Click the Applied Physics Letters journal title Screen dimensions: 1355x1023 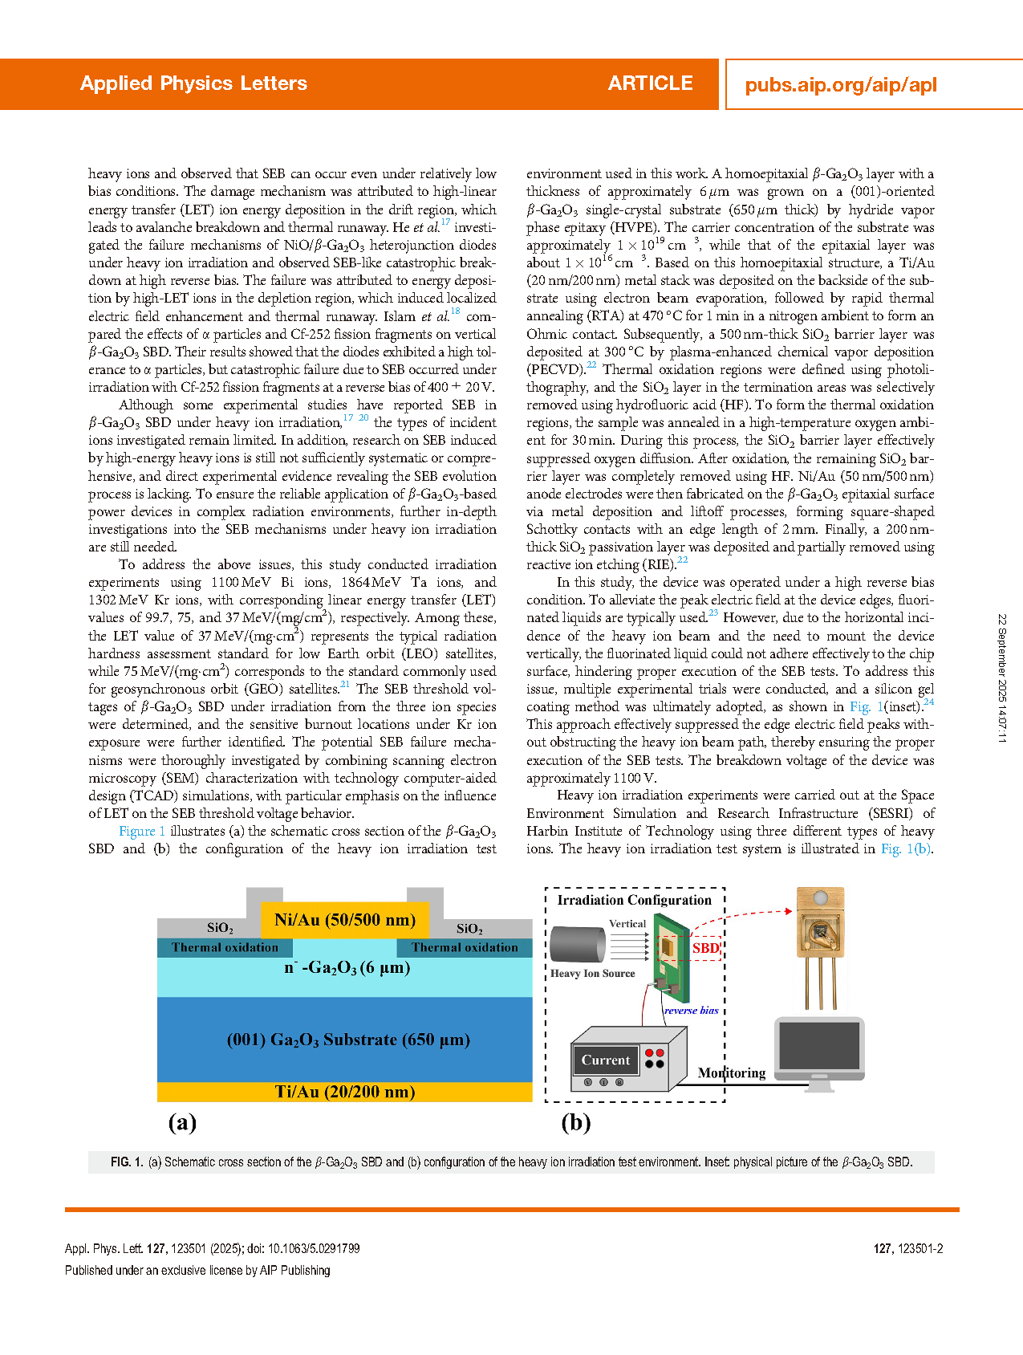pos(193,83)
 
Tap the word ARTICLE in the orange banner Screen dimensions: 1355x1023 pos(650,83)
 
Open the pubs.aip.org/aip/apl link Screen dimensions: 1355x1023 pos(840,85)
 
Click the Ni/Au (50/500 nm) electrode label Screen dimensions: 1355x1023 pos(344,920)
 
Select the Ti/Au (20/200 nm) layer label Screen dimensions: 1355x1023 pos(344,1092)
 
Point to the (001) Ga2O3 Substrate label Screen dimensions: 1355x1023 pos(347,1040)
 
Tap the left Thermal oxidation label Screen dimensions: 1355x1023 pos(225,948)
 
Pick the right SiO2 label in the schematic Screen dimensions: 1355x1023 pos(469,929)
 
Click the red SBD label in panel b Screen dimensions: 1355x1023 pos(705,948)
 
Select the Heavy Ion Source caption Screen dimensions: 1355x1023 pos(592,974)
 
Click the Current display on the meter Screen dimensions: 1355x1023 pos(606,1060)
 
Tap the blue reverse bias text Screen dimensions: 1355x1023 pos(691,1011)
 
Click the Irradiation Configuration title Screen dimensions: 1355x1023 pos(634,901)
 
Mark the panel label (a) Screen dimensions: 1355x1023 pos(182,1122)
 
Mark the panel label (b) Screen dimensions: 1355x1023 pos(575,1122)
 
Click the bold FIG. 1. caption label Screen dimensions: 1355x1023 pos(127,1162)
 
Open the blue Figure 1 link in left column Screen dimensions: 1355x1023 pos(142,832)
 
